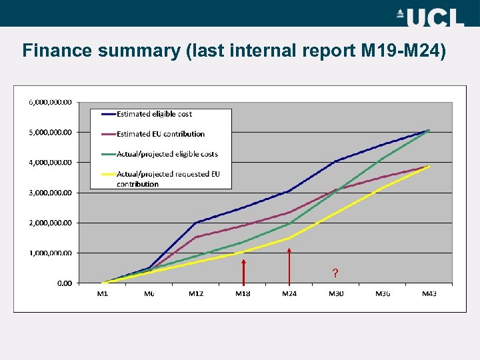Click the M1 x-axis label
click(103, 294)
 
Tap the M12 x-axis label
click(196, 294)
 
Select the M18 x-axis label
click(243, 294)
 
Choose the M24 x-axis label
click(289, 294)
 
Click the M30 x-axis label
click(336, 294)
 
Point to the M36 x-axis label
click(383, 294)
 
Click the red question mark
click(335, 273)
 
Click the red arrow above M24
click(289, 266)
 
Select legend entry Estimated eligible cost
click(154, 114)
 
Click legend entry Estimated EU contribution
click(160, 134)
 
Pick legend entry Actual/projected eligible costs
click(167, 154)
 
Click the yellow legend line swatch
click(107, 175)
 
